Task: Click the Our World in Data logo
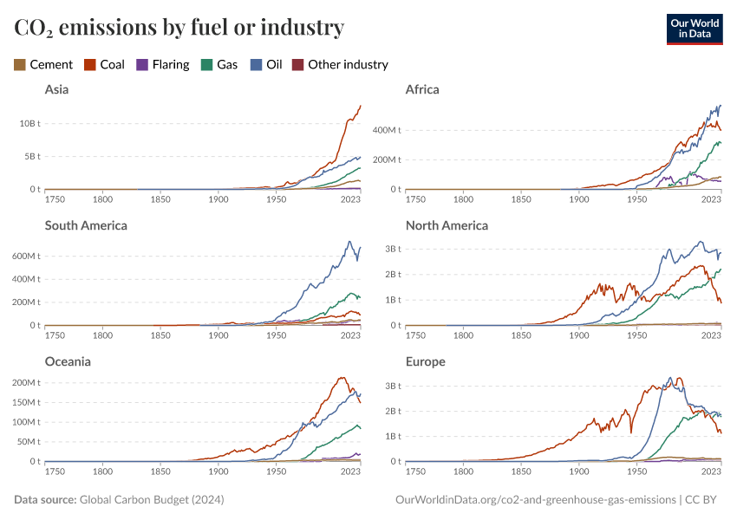pyautogui.click(x=695, y=29)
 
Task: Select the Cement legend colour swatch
pyautogui.click(x=20, y=65)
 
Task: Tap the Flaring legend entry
pyautogui.click(x=163, y=65)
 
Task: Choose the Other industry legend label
pyautogui.click(x=349, y=65)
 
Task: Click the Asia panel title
pyautogui.click(x=57, y=90)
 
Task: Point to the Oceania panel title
pyautogui.click(x=68, y=361)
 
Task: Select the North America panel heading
pyautogui.click(x=447, y=226)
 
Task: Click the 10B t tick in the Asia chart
pyautogui.click(x=30, y=124)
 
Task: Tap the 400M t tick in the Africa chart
pyautogui.click(x=387, y=130)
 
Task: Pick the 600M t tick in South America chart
pyautogui.click(x=26, y=257)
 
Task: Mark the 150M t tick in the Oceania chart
pyautogui.click(x=26, y=402)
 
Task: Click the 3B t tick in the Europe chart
pyautogui.click(x=394, y=387)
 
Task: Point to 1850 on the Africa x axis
pyautogui.click(x=521, y=199)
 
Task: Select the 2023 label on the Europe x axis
pyautogui.click(x=711, y=471)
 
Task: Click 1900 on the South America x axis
pyautogui.click(x=218, y=335)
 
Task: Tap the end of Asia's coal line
pyautogui.click(x=361, y=106)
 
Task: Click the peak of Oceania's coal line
pyautogui.click(x=342, y=378)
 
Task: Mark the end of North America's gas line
pyautogui.click(x=721, y=270)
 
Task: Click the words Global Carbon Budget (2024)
pyautogui.click(x=152, y=500)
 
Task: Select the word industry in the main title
pyautogui.click(x=303, y=27)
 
